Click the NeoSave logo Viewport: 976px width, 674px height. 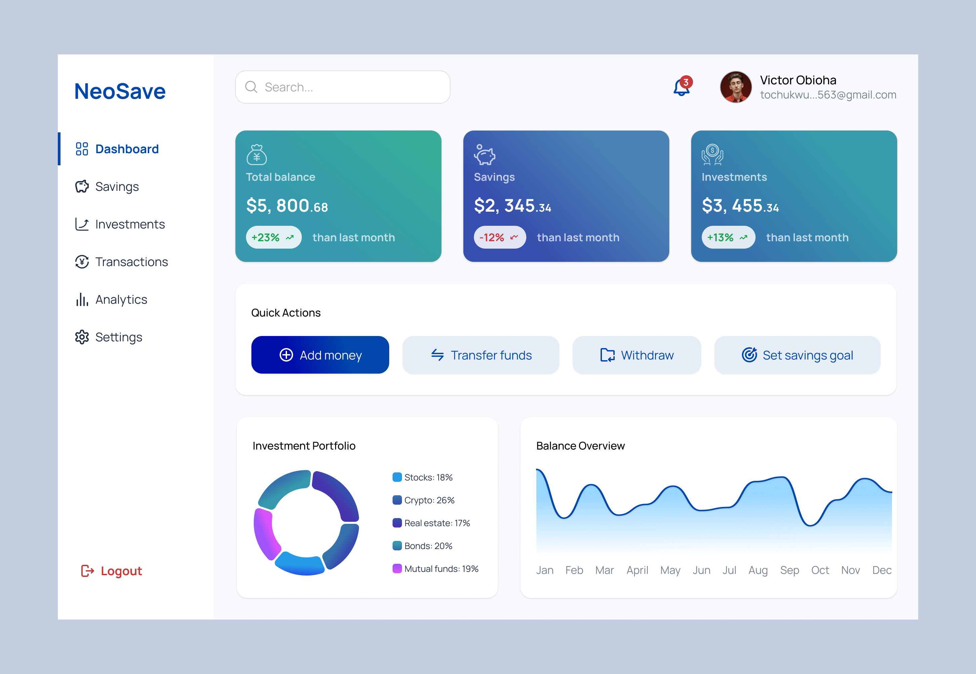pos(120,91)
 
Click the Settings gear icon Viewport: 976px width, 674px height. pos(82,337)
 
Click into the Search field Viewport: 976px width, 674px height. pos(342,87)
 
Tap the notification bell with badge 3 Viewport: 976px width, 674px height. pos(682,87)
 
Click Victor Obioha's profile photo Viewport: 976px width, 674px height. pos(736,87)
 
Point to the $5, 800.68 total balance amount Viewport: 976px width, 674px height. pos(287,206)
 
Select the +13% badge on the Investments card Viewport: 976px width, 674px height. pos(728,237)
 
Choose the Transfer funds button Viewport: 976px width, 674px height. pos(481,355)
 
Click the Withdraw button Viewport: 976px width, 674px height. pos(637,355)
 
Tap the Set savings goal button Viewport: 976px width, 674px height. pos(797,355)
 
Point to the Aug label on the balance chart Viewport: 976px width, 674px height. pos(758,570)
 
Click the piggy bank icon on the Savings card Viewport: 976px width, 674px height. pos(484,155)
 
